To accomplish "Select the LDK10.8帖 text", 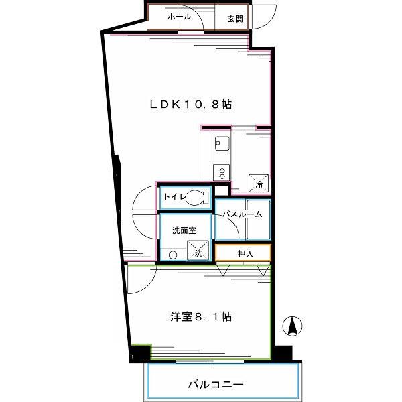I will tap(190, 105).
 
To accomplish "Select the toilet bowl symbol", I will tap(195, 198).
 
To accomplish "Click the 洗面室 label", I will tap(184, 230).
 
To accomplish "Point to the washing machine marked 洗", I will tap(198, 250).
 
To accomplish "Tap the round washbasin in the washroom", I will tap(172, 255).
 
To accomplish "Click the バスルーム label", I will tap(243, 214).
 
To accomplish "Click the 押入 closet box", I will tap(243, 253).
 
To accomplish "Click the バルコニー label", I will tap(214, 385).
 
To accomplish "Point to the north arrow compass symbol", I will tap(292, 326).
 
